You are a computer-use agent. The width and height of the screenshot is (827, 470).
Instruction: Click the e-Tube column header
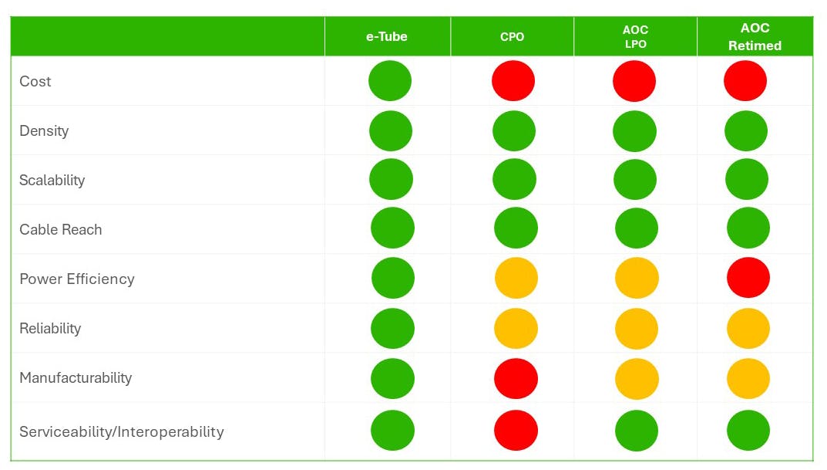[x=386, y=36]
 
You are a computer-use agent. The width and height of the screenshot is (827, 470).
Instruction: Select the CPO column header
[x=512, y=36]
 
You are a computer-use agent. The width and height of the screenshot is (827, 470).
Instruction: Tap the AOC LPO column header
[x=635, y=36]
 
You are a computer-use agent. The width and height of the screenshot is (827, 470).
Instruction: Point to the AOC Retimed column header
[x=755, y=36]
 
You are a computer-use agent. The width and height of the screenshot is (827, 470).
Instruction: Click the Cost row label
[x=35, y=81]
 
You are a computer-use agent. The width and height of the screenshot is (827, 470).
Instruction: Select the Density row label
[x=44, y=130]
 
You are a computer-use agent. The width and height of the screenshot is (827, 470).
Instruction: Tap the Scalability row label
[x=52, y=180]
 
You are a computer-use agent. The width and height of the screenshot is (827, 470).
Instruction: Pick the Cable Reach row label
[x=60, y=229]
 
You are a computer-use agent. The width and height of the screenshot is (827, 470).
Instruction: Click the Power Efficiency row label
[x=76, y=279]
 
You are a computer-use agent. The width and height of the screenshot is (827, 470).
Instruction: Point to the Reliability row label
[x=50, y=328]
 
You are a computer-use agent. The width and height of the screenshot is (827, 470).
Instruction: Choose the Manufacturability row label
[x=76, y=377]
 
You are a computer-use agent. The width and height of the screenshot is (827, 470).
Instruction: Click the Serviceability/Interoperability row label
[x=121, y=431]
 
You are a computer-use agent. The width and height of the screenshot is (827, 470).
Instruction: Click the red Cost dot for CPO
[x=513, y=80]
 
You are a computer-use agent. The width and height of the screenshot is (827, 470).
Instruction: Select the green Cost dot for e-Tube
[x=390, y=80]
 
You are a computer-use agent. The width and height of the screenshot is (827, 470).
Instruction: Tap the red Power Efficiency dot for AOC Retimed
[x=748, y=278]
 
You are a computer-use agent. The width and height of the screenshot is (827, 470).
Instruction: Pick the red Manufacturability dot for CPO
[x=516, y=378]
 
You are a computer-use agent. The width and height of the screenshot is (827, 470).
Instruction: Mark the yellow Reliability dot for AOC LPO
[x=637, y=328]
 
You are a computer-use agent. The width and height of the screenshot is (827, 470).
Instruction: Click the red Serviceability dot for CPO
[x=516, y=430]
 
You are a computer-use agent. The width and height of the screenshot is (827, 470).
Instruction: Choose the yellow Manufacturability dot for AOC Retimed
[x=748, y=378]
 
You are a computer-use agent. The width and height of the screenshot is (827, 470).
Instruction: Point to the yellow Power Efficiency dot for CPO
[x=516, y=278]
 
